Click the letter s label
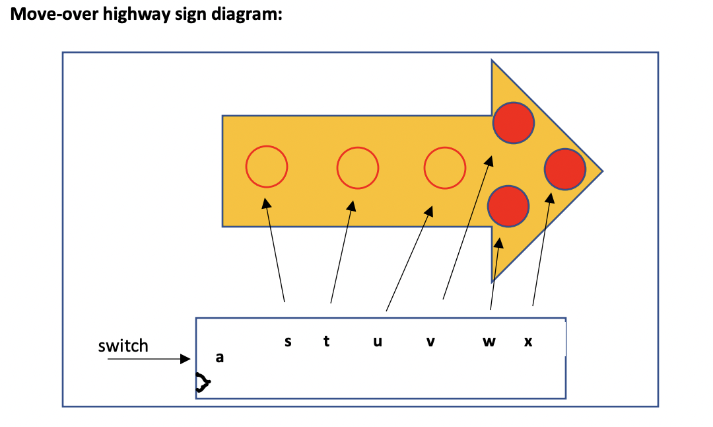pos(288,342)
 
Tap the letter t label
pos(327,342)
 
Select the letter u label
pos(378,342)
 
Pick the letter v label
pos(430,342)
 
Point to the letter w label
pos(489,342)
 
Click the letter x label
pos(528,342)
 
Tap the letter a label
pos(220,358)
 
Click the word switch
pos(123,346)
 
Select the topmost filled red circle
pos(514,123)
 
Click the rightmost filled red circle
pos(565,170)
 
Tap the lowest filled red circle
pos(508,205)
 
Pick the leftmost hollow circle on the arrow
pos(267,167)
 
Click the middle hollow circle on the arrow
pos(358,168)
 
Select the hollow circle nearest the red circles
pos(445,168)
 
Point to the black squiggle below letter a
pos(202,382)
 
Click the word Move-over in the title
pos(54,15)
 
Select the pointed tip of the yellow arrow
pos(601,171)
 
